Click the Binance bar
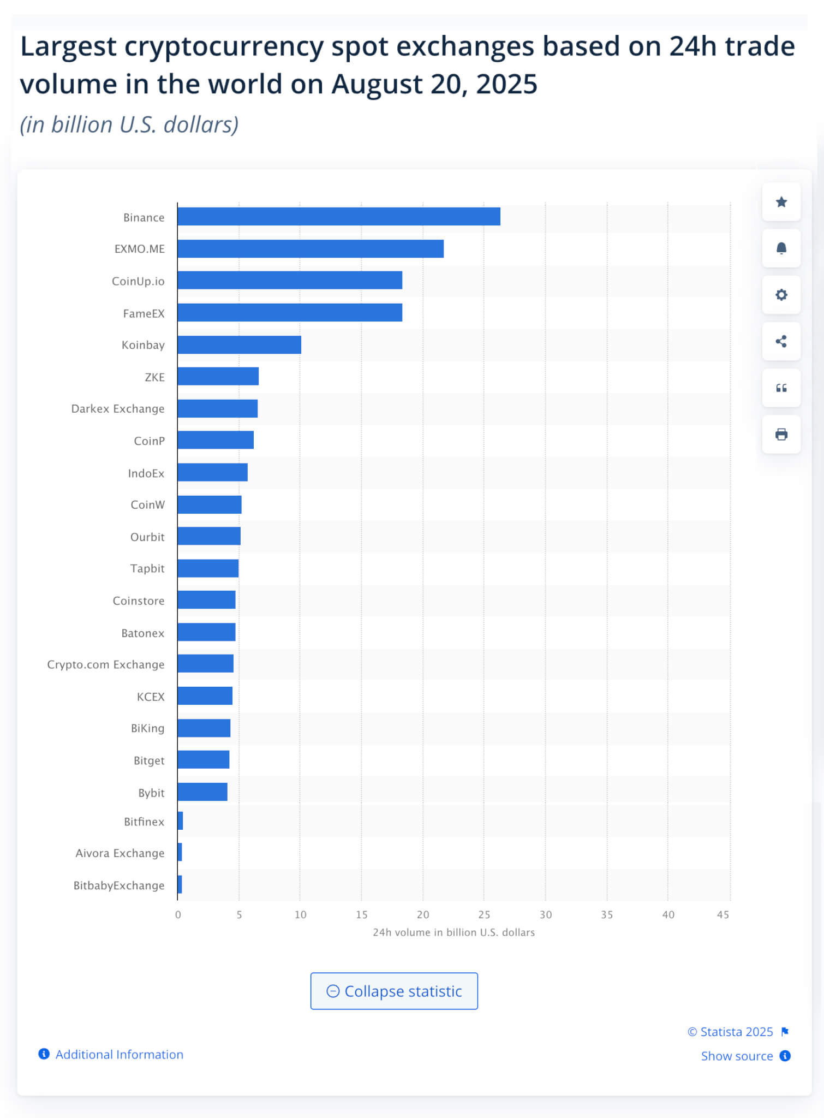coord(338,217)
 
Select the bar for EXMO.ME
coord(310,249)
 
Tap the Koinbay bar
coord(239,345)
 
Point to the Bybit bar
coord(202,792)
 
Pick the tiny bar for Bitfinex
coord(180,821)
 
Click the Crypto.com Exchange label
coord(106,664)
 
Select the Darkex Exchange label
coord(118,409)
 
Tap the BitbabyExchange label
coord(119,885)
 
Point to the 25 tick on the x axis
coord(484,915)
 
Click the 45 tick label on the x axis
coord(723,915)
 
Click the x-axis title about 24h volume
coord(453,932)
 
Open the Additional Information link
coord(119,1055)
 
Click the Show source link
coord(737,1056)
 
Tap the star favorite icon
coord(781,202)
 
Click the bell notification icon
coord(781,248)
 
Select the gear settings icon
coord(781,295)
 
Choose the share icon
coord(781,342)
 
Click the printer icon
coord(781,435)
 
